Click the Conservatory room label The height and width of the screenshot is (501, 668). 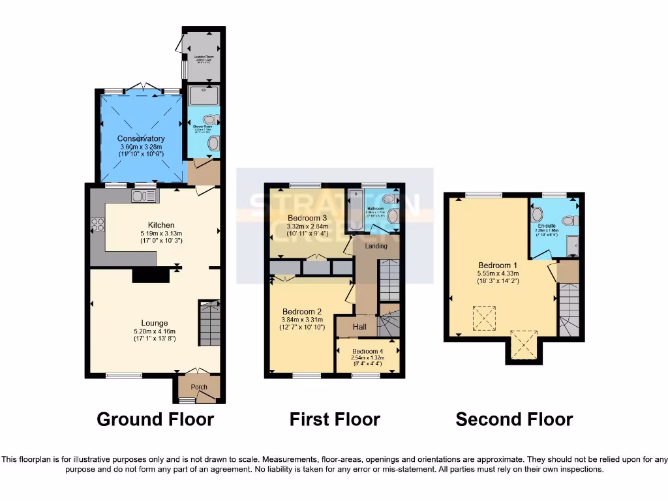coord(141,138)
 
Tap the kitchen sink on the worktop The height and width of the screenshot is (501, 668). coord(143,194)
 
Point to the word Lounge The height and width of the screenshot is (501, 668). coord(155,323)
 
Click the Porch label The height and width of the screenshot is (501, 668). coord(199,387)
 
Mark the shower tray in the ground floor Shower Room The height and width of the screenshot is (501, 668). coord(204,96)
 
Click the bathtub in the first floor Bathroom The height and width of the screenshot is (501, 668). coord(356,211)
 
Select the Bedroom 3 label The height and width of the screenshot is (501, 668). coord(307,218)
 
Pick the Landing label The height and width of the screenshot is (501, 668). coord(376,246)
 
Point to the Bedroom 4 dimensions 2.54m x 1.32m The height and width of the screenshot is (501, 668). coord(368,358)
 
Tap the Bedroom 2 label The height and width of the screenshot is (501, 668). coord(302,311)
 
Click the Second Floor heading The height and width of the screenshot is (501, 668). coord(514,419)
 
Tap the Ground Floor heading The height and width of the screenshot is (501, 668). coord(155,419)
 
